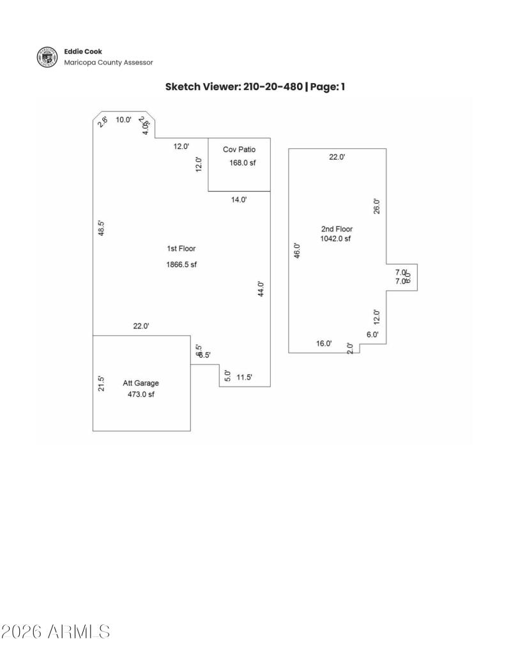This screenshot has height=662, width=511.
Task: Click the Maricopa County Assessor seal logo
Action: [x=47, y=57]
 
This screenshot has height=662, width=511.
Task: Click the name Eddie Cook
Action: [x=82, y=51]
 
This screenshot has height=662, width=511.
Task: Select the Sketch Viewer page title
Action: [x=255, y=86]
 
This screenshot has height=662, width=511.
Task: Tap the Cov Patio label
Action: [x=239, y=150]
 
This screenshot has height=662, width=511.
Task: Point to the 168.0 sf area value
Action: [x=242, y=163]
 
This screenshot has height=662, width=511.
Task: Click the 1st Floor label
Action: [x=181, y=249]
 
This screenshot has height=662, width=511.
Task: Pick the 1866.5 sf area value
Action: [x=181, y=265]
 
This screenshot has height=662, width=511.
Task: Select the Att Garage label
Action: [x=141, y=383]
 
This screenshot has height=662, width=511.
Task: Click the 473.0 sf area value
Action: [x=141, y=395]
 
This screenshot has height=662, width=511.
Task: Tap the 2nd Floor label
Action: [x=337, y=229]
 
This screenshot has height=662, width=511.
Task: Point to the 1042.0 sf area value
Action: [x=335, y=239]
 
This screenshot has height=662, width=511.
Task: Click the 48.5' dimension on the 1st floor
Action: [x=101, y=228]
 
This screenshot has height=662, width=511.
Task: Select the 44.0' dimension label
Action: [x=261, y=289]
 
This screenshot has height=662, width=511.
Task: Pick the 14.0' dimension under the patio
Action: [x=239, y=200]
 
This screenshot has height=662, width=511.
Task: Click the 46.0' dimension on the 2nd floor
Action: [x=296, y=249]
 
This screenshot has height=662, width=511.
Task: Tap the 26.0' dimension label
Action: [x=377, y=206]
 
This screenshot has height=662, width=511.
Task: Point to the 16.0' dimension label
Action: [x=324, y=344]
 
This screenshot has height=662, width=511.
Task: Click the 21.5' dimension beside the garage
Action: [x=101, y=383]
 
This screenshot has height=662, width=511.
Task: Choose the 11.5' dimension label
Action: [x=244, y=378]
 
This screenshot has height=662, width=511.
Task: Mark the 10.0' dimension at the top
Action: [x=123, y=119]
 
